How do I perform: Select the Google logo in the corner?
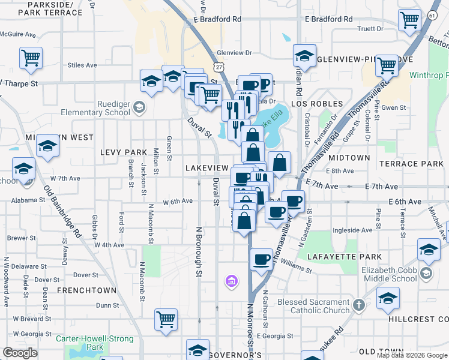point(20,352)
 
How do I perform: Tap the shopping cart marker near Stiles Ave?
point(31,58)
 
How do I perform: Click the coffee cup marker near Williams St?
point(261,260)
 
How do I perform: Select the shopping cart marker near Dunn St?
point(166,319)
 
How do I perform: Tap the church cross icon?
point(358,305)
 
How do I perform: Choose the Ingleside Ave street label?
point(352,230)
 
